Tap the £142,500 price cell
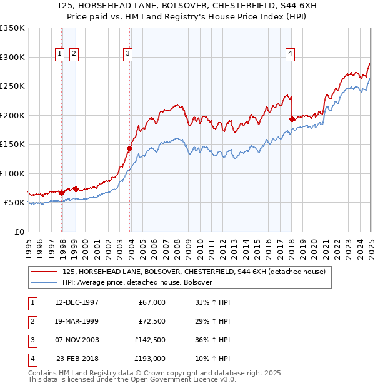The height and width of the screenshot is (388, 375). [150, 340]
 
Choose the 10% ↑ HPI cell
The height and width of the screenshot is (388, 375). [212, 359]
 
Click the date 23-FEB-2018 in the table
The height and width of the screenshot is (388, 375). [77, 359]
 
